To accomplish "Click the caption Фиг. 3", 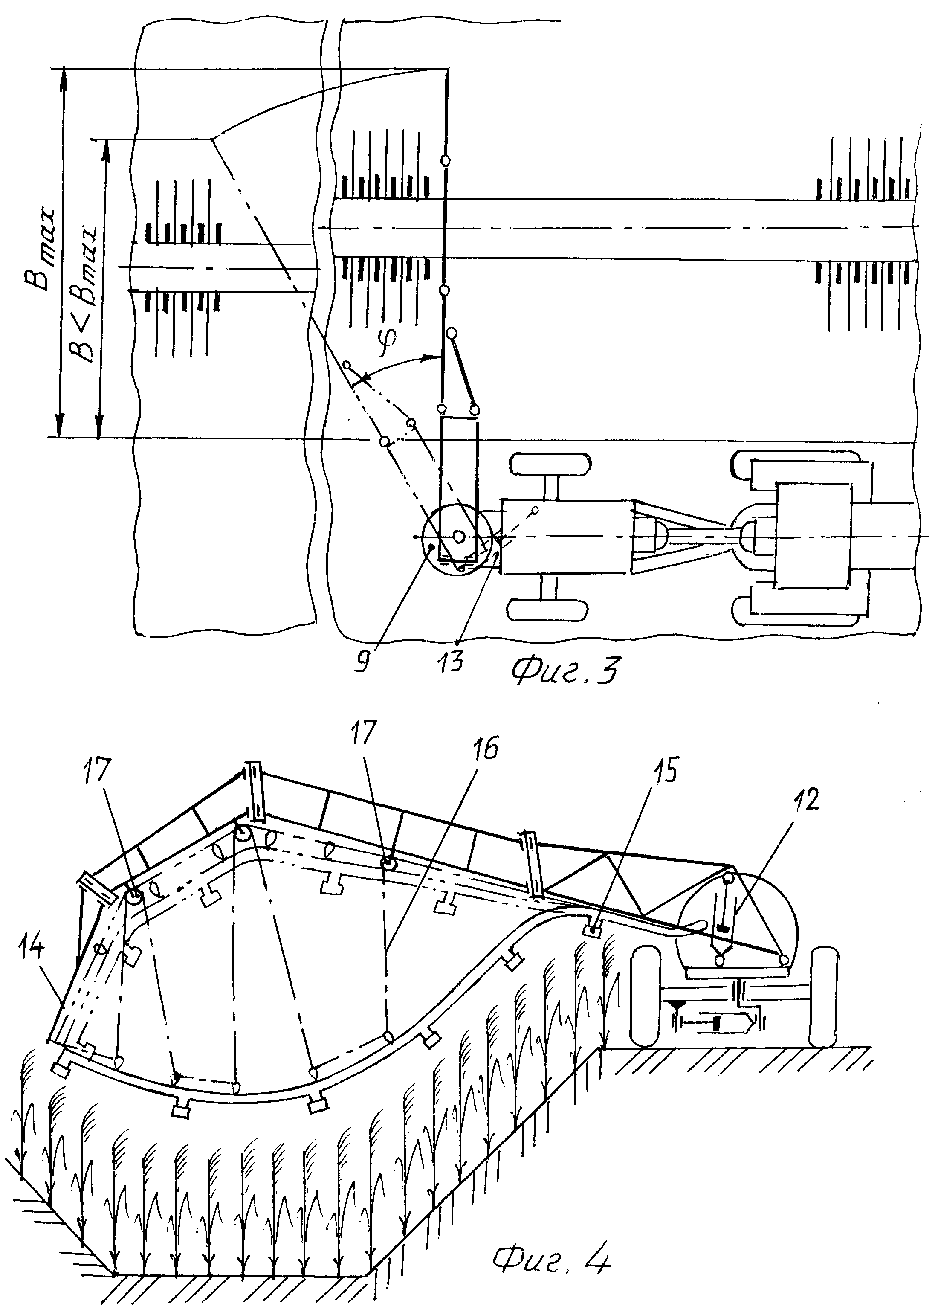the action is (x=565, y=670).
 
